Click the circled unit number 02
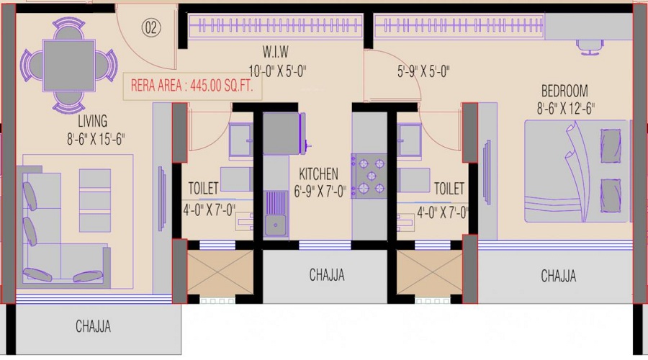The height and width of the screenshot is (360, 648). click(151, 27)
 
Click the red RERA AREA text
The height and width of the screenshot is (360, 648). click(192, 86)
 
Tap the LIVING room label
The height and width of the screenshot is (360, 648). click(93, 121)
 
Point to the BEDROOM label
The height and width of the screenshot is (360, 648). click(564, 91)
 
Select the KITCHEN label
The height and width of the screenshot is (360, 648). click(318, 174)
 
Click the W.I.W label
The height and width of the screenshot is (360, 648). click(276, 52)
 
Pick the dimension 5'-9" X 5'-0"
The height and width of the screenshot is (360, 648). click(423, 71)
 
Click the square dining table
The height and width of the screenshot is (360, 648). click(69, 66)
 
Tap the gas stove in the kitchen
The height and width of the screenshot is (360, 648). click(369, 176)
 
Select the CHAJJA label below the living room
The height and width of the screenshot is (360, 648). click(94, 327)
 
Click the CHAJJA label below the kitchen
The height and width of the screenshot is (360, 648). click(327, 275)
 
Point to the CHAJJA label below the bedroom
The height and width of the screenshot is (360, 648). click(558, 276)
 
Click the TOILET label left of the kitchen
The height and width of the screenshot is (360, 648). click(203, 188)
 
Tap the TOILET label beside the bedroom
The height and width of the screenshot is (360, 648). click(449, 189)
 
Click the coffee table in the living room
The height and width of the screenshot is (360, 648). click(94, 200)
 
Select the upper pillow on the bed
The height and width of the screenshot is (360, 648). click(611, 145)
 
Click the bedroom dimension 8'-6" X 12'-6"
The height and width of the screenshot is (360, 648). click(565, 109)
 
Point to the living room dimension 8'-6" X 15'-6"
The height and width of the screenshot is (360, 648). click(96, 139)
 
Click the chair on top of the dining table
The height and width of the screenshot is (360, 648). click(69, 28)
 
